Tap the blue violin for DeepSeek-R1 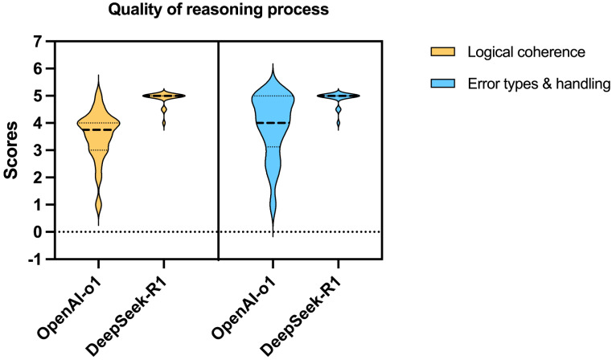point(338,96)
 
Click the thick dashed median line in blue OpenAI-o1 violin point(272,123)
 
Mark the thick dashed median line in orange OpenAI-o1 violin point(97,129)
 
